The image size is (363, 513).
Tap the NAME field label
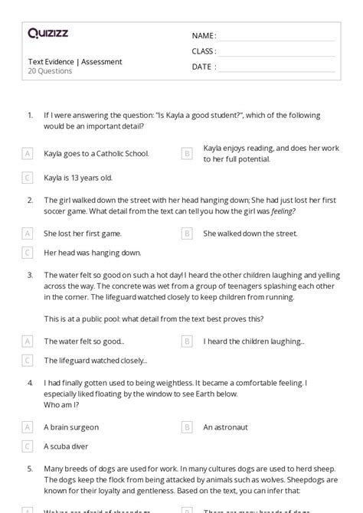point(204,35)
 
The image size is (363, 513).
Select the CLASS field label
point(204,51)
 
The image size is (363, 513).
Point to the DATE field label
point(203,67)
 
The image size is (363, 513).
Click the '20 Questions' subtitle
point(50,71)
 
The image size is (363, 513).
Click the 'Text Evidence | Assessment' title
point(74,62)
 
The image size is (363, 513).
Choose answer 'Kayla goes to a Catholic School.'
point(96,153)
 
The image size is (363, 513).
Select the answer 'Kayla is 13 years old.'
point(78,178)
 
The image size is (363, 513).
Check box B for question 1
point(186,153)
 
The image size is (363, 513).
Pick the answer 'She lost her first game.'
point(83,234)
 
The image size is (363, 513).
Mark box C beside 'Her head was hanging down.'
point(28,252)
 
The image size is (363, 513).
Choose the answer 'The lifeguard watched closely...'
point(95,360)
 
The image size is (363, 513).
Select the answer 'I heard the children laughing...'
point(253,341)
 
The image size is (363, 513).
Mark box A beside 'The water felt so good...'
point(28,341)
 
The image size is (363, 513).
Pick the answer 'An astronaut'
point(224,427)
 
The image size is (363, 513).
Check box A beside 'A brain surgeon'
point(28,427)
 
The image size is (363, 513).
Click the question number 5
point(30,468)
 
